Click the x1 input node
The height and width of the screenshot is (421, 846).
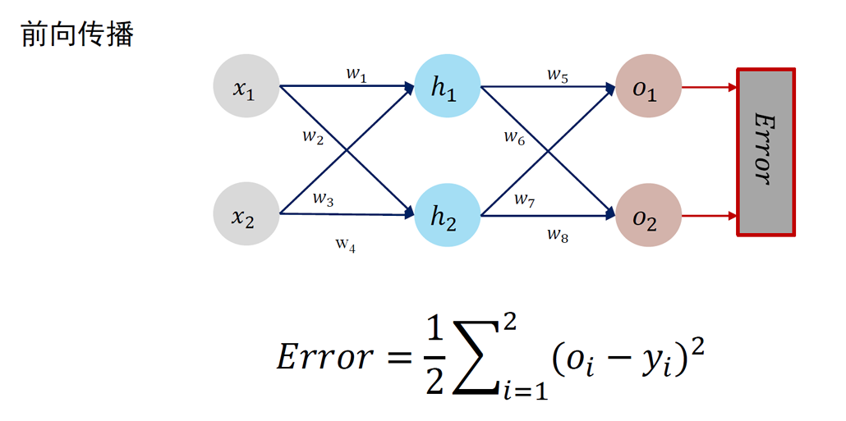click(x=245, y=86)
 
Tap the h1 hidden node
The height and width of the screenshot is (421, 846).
click(x=447, y=86)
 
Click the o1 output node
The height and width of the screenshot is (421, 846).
click(x=647, y=86)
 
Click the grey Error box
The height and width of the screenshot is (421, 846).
click(x=766, y=153)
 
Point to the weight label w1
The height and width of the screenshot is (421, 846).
click(x=356, y=76)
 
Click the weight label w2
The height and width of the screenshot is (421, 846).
click(x=312, y=136)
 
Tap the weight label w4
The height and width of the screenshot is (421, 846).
click(x=345, y=244)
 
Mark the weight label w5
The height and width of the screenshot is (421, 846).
click(x=557, y=76)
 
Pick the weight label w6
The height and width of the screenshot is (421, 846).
click(x=514, y=137)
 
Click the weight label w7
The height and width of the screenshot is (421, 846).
click(x=525, y=199)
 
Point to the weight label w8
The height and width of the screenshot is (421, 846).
click(x=557, y=235)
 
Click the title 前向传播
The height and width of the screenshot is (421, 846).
click(x=76, y=35)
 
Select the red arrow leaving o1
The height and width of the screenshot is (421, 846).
click(x=708, y=86)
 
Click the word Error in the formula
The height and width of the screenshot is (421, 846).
click(x=324, y=358)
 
